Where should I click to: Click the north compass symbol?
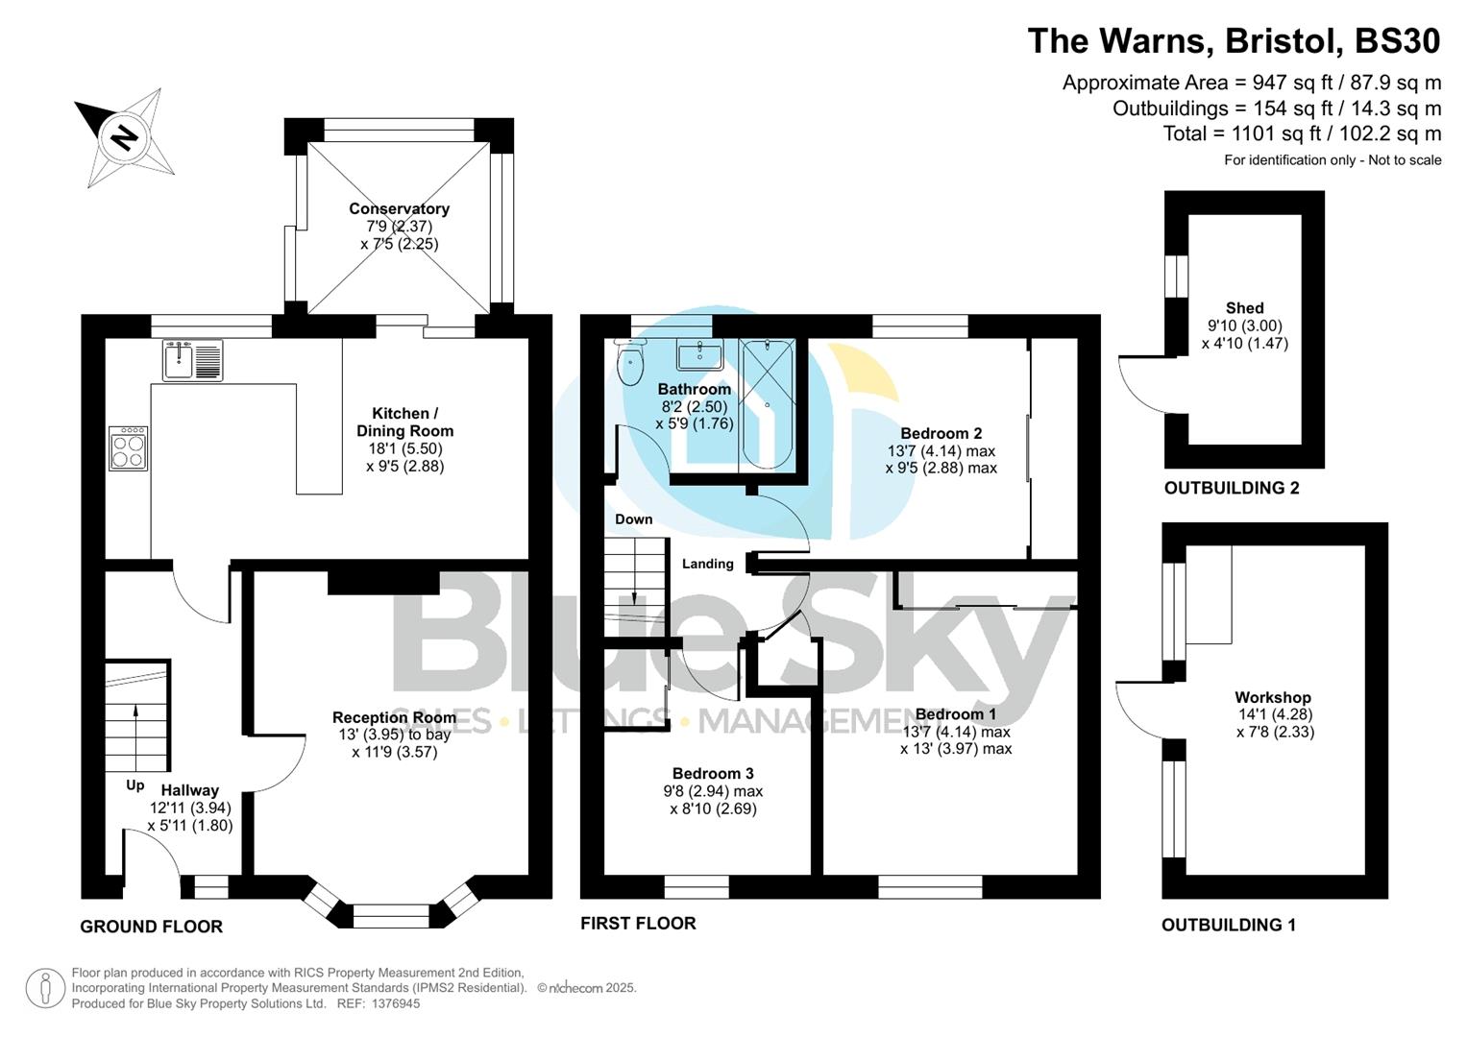click(124, 137)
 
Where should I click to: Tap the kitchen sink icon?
click(192, 360)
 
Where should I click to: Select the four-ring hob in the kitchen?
click(128, 448)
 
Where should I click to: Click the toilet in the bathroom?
click(630, 364)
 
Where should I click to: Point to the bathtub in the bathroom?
click(767, 404)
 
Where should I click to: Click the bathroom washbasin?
click(699, 354)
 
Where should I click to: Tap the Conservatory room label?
click(399, 208)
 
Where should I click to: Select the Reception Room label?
click(394, 717)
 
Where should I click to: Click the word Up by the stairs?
click(135, 784)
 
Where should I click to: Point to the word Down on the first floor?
click(633, 519)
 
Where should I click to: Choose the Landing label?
click(707, 564)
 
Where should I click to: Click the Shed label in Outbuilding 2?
click(1244, 308)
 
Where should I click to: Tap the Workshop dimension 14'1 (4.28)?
click(1275, 714)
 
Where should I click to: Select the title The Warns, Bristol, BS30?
click(1234, 41)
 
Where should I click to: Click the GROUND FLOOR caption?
click(151, 927)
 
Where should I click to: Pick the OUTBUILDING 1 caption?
click(1228, 925)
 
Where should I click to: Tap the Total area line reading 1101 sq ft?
click(1302, 133)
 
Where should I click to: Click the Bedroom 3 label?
click(712, 773)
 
